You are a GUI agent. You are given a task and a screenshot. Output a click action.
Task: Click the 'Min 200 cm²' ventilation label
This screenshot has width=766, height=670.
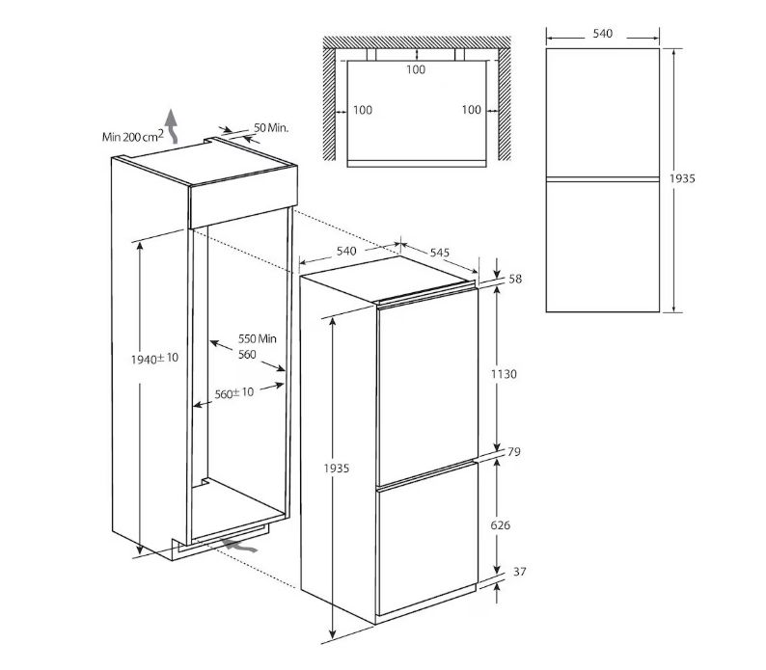point(132,136)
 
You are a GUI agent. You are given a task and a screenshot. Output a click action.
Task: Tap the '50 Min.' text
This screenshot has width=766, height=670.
point(271,128)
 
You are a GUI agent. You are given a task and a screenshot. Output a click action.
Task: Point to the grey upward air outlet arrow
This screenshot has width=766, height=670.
point(171,125)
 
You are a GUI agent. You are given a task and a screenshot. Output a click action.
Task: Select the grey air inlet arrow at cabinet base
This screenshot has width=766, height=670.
point(238,546)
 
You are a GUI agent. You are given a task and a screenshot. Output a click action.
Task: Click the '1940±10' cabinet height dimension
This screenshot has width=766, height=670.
point(154,359)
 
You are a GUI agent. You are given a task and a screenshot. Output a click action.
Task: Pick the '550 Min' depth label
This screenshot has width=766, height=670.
point(257,338)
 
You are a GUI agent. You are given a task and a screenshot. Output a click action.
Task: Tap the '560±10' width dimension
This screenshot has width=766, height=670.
point(234,392)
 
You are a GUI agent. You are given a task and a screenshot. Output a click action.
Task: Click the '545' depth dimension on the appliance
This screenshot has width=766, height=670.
point(440,252)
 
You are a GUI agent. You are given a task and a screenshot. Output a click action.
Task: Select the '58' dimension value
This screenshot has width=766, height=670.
point(515,279)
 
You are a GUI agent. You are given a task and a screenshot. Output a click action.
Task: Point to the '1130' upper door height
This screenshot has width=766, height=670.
point(504,374)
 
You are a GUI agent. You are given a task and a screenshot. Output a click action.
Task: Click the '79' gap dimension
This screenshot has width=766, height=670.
point(514,452)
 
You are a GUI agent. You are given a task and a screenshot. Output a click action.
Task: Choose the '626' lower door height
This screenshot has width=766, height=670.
point(501,525)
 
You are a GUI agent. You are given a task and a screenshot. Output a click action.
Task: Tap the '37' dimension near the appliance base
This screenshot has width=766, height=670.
point(520,572)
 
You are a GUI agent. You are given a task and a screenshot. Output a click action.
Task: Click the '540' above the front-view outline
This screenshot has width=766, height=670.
point(602,33)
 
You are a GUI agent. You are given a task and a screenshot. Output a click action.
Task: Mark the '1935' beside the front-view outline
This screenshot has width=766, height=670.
point(682,178)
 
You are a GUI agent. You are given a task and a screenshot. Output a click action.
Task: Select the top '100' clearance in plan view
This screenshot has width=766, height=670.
point(416,69)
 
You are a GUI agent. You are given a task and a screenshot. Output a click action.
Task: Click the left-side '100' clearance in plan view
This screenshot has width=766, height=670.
point(363,110)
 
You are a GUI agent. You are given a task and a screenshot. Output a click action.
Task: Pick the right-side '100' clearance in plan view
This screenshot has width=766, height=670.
point(472,110)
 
